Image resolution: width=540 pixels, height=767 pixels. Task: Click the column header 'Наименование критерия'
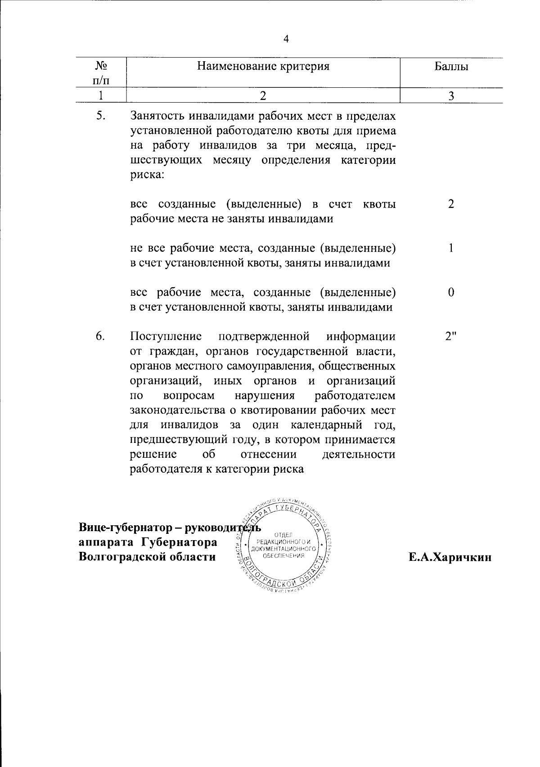pos(263,67)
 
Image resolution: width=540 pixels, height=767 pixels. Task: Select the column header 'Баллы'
pos(451,67)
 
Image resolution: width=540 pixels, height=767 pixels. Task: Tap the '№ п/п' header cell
pos(101,73)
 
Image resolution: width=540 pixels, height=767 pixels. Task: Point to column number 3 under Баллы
pos(451,95)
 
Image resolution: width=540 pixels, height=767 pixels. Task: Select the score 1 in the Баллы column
pos(451,248)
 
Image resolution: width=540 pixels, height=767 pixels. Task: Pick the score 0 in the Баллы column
pos(451,292)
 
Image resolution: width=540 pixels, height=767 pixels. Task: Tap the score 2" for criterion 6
pos(451,336)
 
